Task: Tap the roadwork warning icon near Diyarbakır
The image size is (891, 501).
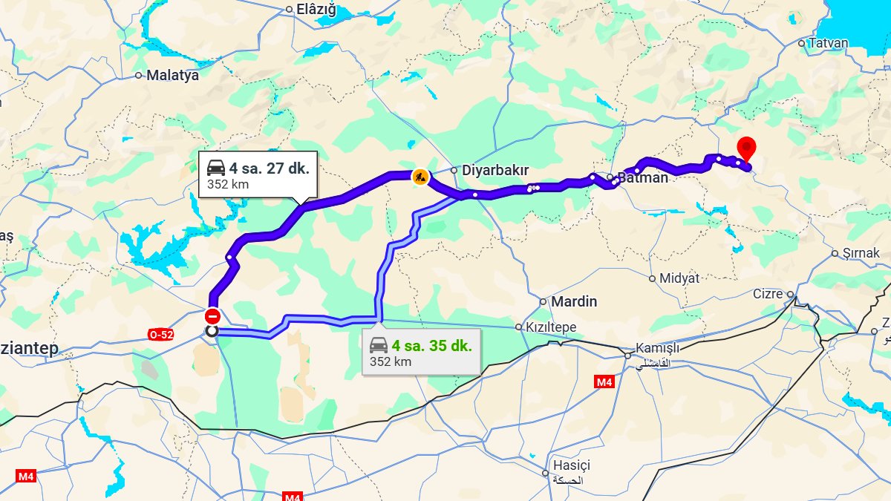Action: (420, 176)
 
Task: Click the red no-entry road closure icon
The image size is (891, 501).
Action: (212, 315)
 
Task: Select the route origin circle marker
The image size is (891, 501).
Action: (212, 331)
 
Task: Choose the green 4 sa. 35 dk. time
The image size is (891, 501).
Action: (432, 345)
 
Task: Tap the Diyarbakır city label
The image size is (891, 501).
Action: (495, 170)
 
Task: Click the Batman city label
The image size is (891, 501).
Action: (643, 177)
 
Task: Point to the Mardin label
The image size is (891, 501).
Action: (573, 301)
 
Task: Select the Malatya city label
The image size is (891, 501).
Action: (172, 75)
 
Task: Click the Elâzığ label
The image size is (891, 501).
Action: (316, 10)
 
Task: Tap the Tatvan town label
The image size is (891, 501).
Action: (828, 43)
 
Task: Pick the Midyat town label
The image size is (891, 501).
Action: (679, 278)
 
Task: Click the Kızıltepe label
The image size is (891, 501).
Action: (551, 327)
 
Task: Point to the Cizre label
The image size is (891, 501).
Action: (768, 294)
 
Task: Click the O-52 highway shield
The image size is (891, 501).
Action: (161, 335)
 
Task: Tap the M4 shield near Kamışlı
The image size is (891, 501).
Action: (604, 382)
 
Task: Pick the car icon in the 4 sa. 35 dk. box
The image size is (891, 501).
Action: (379, 345)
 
